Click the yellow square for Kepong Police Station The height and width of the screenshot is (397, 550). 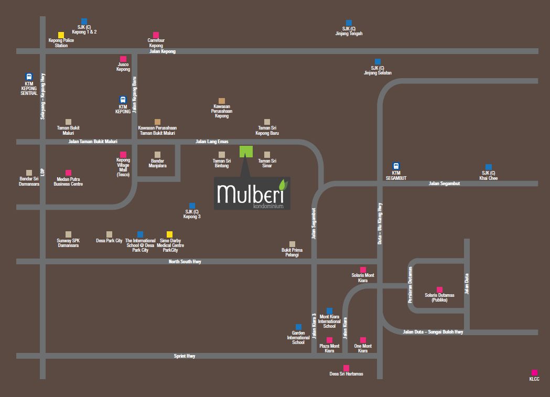pos(61,35)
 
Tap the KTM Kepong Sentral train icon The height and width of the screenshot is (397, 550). pos(29,77)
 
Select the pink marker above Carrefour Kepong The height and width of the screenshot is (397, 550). pos(156,35)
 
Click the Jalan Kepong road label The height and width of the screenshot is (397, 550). pos(163,51)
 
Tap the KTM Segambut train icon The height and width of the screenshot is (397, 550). pos(396,166)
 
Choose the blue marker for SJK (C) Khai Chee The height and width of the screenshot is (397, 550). pos(488,167)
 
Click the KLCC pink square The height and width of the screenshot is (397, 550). pos(534,373)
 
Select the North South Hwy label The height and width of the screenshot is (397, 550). pos(185,261)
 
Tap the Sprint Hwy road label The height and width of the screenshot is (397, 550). pos(185,356)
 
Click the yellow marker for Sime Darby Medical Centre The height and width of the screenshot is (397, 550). pos(169,234)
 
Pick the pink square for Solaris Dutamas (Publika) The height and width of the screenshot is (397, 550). pos(439,289)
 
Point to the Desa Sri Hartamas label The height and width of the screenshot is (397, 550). pos(346,374)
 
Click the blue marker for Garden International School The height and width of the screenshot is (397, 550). pos(298,327)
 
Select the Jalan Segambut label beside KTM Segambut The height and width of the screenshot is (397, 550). pos(444,184)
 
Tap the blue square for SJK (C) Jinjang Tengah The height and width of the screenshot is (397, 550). pos(349,23)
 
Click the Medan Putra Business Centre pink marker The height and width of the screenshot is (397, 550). pos(68,173)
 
